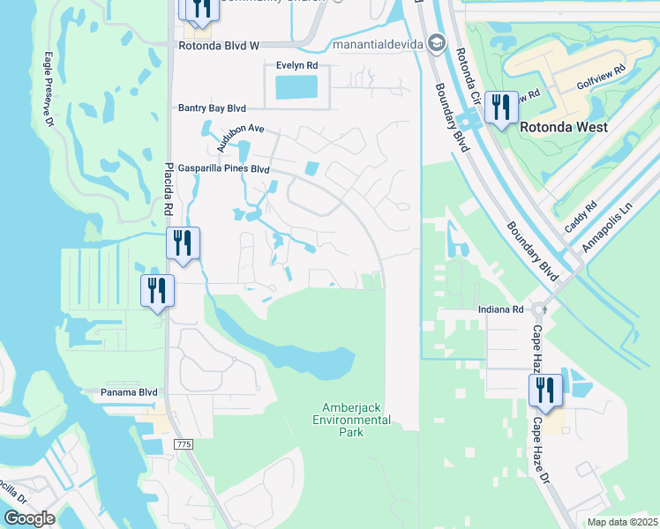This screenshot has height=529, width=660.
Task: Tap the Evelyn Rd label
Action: point(296,65)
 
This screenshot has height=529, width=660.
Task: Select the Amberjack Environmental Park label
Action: point(356,414)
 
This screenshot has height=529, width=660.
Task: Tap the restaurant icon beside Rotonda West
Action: point(501,108)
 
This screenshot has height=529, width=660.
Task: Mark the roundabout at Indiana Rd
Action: point(544,309)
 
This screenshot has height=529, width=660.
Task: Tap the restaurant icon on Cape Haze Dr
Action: point(545,390)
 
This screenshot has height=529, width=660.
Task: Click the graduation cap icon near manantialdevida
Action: point(436,43)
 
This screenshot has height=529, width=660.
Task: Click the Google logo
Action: point(29,518)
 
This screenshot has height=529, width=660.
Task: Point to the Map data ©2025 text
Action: point(623,522)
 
